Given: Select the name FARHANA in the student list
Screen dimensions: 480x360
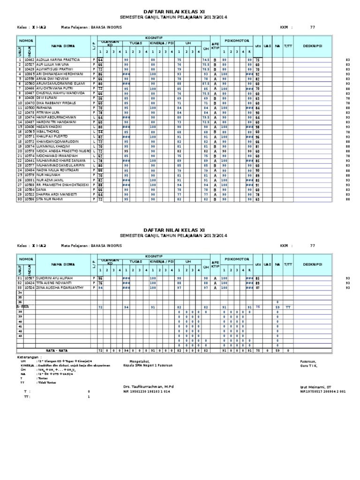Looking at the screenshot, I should (45, 108).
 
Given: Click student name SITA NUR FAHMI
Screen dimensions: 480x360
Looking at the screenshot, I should (50, 199).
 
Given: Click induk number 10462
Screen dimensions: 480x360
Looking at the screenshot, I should (30, 60).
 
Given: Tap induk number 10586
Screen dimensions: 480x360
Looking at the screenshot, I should (30, 199).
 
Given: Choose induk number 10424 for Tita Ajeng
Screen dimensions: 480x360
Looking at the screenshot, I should (30, 283).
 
